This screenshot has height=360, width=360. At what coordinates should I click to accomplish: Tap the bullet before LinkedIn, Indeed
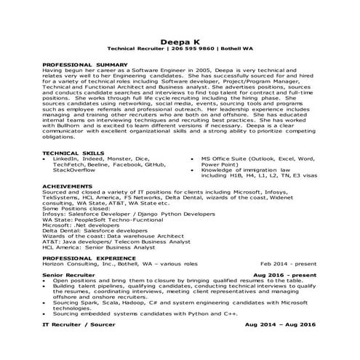click(x=45, y=159)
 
